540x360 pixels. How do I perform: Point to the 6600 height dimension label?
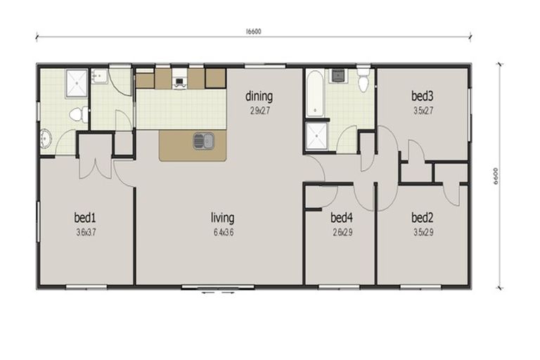pos(496,176)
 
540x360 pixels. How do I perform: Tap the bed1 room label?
pos(84,216)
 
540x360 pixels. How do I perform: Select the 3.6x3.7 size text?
pos(84,233)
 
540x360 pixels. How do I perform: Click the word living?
pos(223,217)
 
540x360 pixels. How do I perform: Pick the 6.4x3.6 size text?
pos(223,233)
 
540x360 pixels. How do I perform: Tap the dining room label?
pos(259,96)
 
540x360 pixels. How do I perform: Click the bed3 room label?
pos(422,96)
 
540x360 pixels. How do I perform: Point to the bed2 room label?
pos(422,217)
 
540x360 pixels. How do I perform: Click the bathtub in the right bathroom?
pos(314,94)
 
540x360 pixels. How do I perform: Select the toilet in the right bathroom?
pos(364,81)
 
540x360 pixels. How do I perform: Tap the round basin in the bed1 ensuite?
pos(46,139)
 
